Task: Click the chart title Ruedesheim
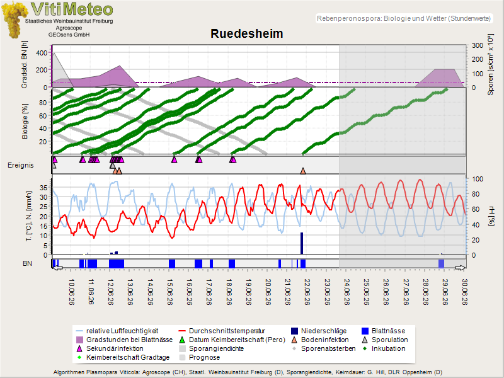pos(246,34)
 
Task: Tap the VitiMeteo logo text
pos(72,9)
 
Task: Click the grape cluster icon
pos(14,20)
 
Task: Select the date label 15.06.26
pos(169,292)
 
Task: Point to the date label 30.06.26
pos(464,292)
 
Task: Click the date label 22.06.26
pos(307,292)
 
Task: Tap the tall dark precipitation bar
pos(302,243)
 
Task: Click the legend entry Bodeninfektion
pos(320,340)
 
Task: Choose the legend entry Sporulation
pos(385,340)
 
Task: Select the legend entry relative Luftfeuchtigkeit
pos(117,331)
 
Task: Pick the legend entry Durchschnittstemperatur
pos(222,331)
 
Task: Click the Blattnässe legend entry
pos(383,331)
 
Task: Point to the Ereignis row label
pos(21,165)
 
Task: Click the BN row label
pos(27,263)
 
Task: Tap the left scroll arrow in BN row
pos(57,267)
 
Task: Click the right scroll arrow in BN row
pos(461,267)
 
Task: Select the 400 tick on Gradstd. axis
pos(42,53)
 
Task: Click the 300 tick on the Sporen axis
pos(478,45)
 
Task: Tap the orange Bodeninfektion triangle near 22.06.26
pos(303,171)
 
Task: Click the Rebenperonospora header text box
pos(404,18)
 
